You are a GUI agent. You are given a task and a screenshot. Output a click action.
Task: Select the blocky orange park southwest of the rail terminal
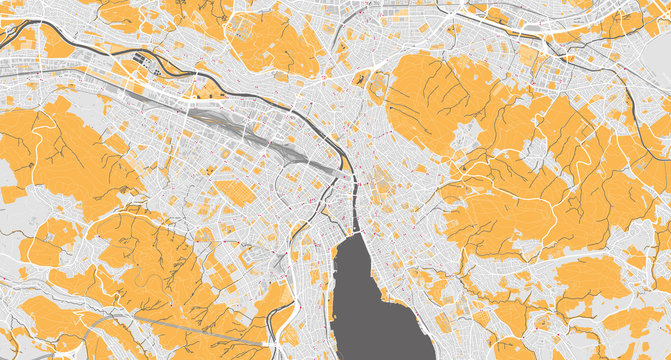(236, 190)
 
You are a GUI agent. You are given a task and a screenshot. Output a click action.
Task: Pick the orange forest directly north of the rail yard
(270, 40)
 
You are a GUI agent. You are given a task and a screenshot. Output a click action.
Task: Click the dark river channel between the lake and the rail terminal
(351, 200)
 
